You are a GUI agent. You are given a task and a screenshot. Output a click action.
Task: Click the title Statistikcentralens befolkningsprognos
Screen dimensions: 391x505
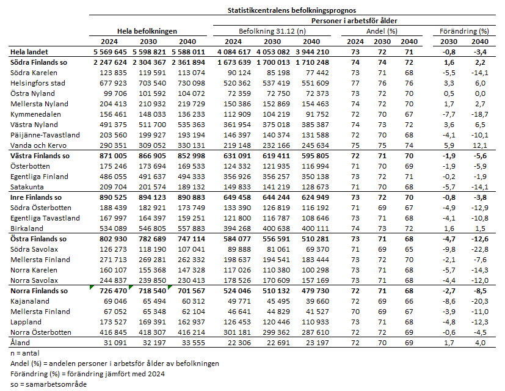292,10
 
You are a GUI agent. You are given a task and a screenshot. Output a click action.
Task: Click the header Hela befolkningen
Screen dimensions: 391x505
147,31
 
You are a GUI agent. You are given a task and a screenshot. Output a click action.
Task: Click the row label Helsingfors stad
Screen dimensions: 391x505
37,83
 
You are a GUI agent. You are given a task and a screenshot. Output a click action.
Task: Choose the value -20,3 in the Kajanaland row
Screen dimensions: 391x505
479,301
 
